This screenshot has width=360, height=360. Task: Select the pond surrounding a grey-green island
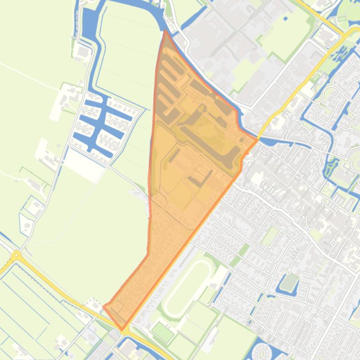289,282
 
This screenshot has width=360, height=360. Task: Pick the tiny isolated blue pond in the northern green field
286,19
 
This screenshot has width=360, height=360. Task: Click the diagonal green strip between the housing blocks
243,250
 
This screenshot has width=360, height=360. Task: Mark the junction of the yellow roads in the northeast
345,34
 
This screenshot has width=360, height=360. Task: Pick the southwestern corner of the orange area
104,307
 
